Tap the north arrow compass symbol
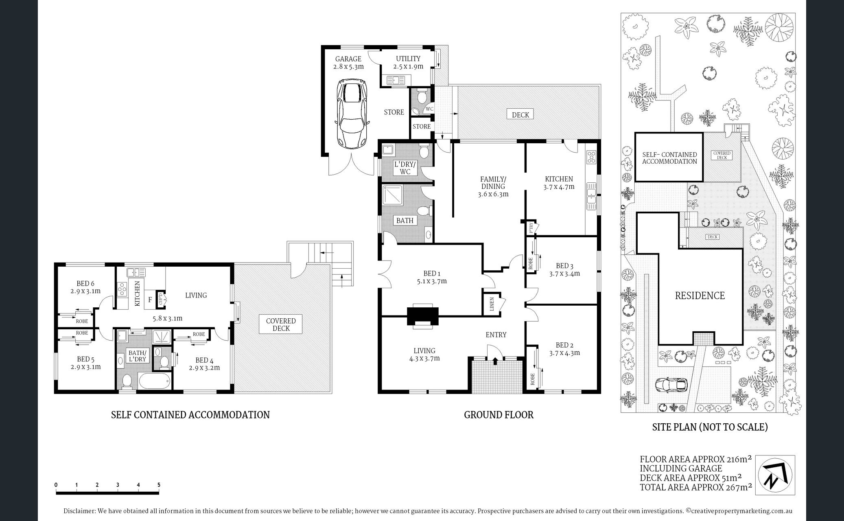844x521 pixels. click(x=775, y=475)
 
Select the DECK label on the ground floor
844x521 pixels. click(x=520, y=115)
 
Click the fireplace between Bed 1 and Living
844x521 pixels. click(x=423, y=316)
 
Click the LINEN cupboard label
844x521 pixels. click(x=492, y=304)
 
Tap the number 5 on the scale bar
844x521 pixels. click(x=159, y=485)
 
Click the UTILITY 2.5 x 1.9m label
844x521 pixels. click(x=408, y=62)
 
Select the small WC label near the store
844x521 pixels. click(x=429, y=109)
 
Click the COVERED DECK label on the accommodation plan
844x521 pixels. click(x=281, y=324)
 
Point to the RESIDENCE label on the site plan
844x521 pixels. click(x=700, y=296)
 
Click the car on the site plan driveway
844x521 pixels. click(x=671, y=385)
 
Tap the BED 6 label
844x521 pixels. click(x=85, y=287)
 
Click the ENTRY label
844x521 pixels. click(x=496, y=335)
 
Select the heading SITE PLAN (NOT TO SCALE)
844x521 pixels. click(x=710, y=427)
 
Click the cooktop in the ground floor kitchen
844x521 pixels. click(x=591, y=157)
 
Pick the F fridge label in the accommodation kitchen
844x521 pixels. click(x=150, y=300)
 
